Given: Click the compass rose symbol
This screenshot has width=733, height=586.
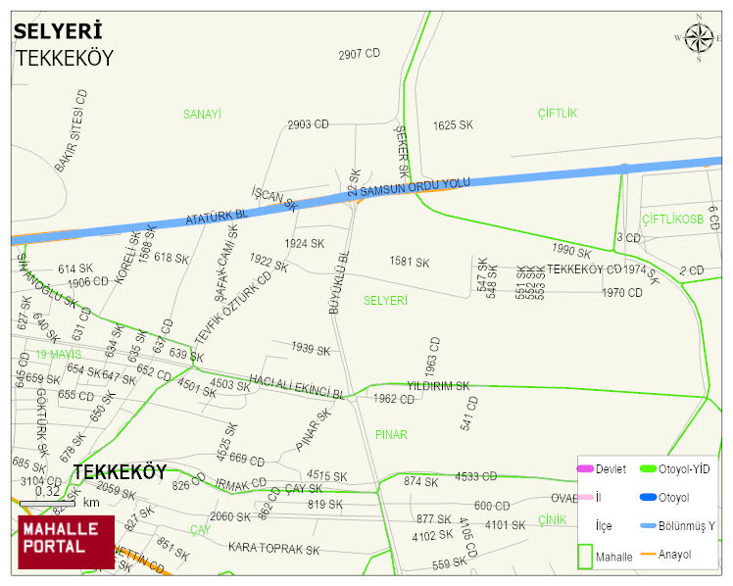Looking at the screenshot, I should (699, 37).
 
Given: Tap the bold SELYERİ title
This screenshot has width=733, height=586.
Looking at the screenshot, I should (57, 31).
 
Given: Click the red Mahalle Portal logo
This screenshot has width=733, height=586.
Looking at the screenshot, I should (66, 542).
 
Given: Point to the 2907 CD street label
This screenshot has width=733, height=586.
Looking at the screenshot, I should (359, 54).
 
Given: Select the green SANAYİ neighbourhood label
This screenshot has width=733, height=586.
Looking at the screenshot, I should (202, 115).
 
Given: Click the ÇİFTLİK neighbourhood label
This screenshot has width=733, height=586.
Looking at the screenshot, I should (558, 114).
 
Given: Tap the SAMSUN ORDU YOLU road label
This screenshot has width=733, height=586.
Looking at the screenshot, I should (415, 186).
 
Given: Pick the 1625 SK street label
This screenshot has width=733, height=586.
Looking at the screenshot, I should (453, 125).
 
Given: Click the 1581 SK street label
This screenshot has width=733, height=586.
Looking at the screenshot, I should (410, 263).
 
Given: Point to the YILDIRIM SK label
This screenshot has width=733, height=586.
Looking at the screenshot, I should (438, 386).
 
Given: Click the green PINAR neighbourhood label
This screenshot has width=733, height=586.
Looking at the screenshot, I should (391, 434).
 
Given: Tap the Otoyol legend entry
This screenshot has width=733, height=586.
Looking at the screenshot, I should (674, 498).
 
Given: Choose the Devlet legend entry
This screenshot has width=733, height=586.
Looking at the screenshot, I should (610, 469).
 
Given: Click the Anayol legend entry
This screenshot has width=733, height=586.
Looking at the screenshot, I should (674, 555).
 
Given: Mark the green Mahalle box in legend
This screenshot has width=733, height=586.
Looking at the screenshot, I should (587, 556).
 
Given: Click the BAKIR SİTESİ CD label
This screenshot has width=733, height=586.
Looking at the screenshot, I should (72, 132).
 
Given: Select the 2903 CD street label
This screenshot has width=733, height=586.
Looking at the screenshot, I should (307, 125).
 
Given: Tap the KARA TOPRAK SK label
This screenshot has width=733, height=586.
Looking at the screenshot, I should (274, 549).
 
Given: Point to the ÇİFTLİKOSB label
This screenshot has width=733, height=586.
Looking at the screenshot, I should (672, 219).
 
